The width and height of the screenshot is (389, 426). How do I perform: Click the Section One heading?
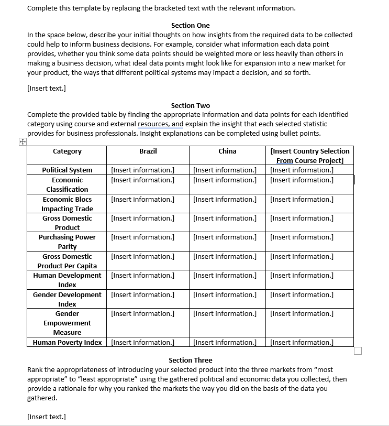[190, 25]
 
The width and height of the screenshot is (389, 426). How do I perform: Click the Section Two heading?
[190, 105]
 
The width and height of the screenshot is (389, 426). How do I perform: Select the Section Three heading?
[190, 360]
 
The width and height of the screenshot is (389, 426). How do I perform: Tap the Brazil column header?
[148, 151]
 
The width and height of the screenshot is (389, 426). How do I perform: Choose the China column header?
[227, 151]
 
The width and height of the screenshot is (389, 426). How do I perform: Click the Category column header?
[67, 151]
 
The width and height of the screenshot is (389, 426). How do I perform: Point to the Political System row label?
[67, 170]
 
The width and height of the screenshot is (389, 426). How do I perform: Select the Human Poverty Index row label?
[67, 342]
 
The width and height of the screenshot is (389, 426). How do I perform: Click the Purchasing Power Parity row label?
[67, 242]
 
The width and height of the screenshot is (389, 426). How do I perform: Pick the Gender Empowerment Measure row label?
[67, 323]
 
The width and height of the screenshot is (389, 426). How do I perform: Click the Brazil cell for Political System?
[142, 170]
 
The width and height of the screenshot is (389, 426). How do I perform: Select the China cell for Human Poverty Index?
[225, 342]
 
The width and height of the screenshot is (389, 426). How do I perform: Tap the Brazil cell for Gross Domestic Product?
[142, 218]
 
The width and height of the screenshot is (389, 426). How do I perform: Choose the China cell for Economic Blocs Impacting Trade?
[225, 199]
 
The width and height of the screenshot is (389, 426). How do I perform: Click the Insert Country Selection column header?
[310, 156]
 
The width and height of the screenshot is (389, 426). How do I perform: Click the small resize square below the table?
[358, 351]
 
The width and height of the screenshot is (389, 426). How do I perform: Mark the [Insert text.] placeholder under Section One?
[46, 88]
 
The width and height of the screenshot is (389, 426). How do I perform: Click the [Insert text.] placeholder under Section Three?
[46, 417]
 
